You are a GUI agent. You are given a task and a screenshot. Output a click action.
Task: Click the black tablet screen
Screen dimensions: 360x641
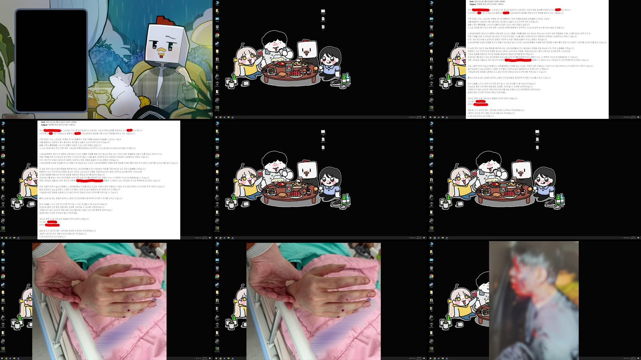pyautogui.click(x=51, y=60)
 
